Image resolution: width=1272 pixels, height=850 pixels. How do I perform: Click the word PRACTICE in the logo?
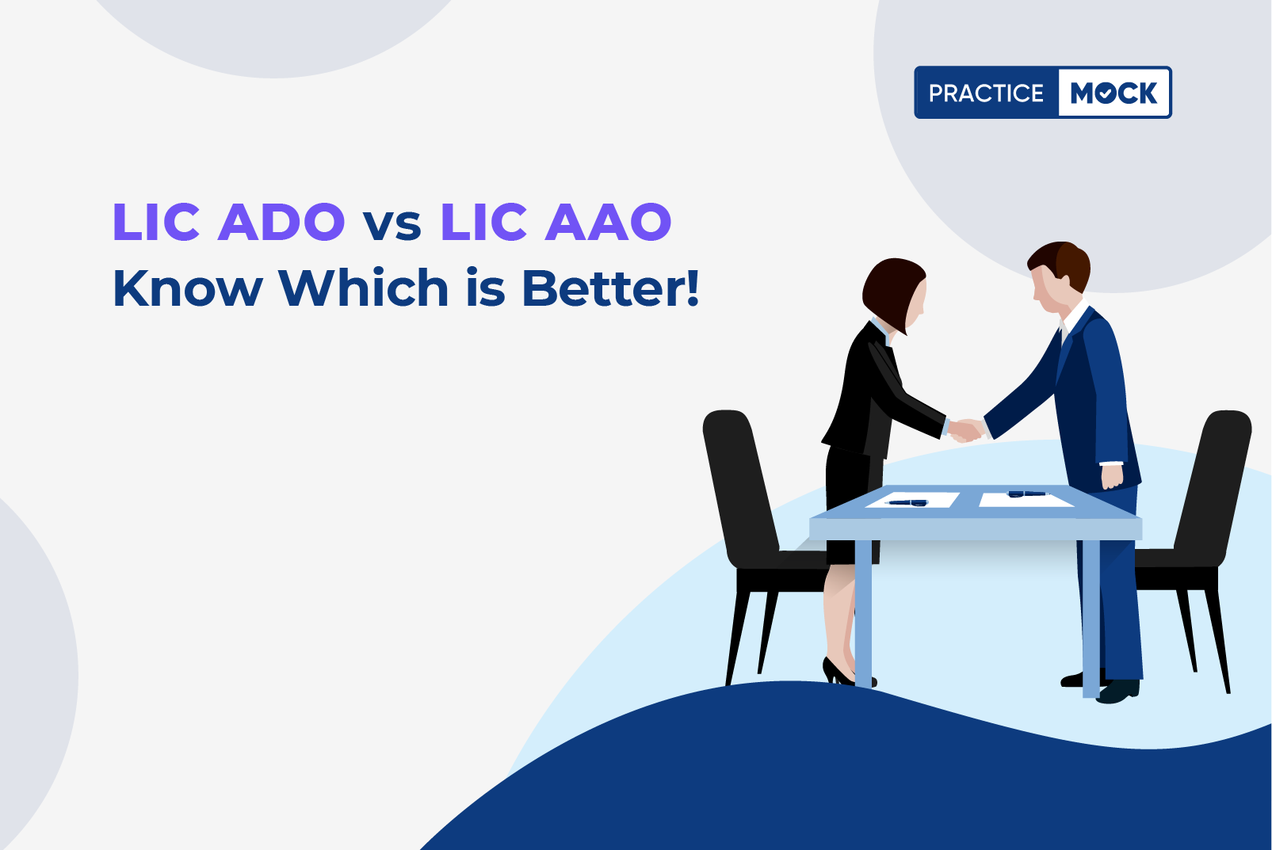(x=986, y=93)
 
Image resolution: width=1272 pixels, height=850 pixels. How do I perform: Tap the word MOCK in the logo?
(x=1113, y=93)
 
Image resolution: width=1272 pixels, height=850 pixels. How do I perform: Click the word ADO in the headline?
(x=281, y=221)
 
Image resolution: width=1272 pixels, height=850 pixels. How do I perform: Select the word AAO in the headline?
(x=608, y=221)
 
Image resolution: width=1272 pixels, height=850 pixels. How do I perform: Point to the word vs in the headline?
(x=392, y=226)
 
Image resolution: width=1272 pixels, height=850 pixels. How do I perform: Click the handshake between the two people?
(x=965, y=429)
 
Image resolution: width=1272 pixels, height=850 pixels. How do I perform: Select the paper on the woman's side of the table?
(x=912, y=500)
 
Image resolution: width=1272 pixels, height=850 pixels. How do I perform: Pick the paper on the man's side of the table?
(x=1026, y=499)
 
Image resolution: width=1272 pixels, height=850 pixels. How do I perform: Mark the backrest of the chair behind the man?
(x=1215, y=488)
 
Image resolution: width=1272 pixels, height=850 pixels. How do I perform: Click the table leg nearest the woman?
(x=863, y=613)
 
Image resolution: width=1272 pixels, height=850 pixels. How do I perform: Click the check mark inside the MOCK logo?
(x=1105, y=93)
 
